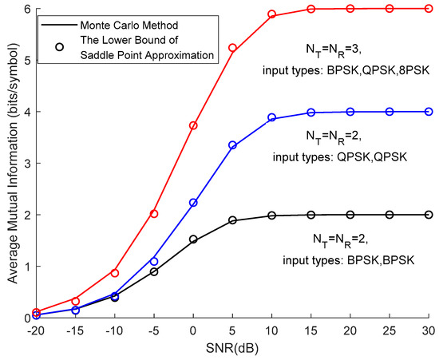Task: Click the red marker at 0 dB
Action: click(x=193, y=125)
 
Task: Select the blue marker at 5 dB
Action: click(x=232, y=145)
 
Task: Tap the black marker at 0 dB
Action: click(x=193, y=239)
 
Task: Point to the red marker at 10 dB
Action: click(x=271, y=14)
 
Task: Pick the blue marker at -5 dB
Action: click(x=154, y=261)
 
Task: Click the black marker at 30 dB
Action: click(x=428, y=215)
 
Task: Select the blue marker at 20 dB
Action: click(x=350, y=112)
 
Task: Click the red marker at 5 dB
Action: click(x=232, y=48)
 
